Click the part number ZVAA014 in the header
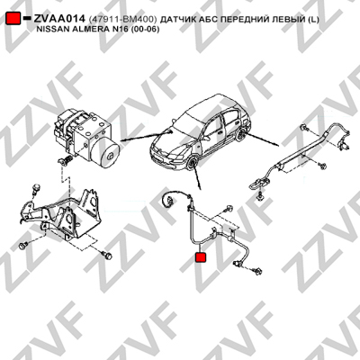pyautogui.click(x=59, y=19)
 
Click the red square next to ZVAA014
pyautogui.click(x=13, y=18)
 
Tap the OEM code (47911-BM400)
pyautogui.click(x=123, y=20)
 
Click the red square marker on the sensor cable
pyautogui.click(x=201, y=257)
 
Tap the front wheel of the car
pyautogui.click(x=192, y=164)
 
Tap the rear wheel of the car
pyautogui.click(x=240, y=136)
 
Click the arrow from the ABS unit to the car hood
pyautogui.click(x=146, y=136)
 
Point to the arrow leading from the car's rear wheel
pyautogui.click(x=263, y=140)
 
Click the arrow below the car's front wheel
pyautogui.click(x=197, y=178)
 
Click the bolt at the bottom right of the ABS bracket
pyautogui.click(x=107, y=256)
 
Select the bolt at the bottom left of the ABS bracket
pyautogui.click(x=22, y=246)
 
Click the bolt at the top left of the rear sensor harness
pyautogui.click(x=304, y=128)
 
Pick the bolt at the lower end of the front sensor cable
pyautogui.click(x=258, y=271)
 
